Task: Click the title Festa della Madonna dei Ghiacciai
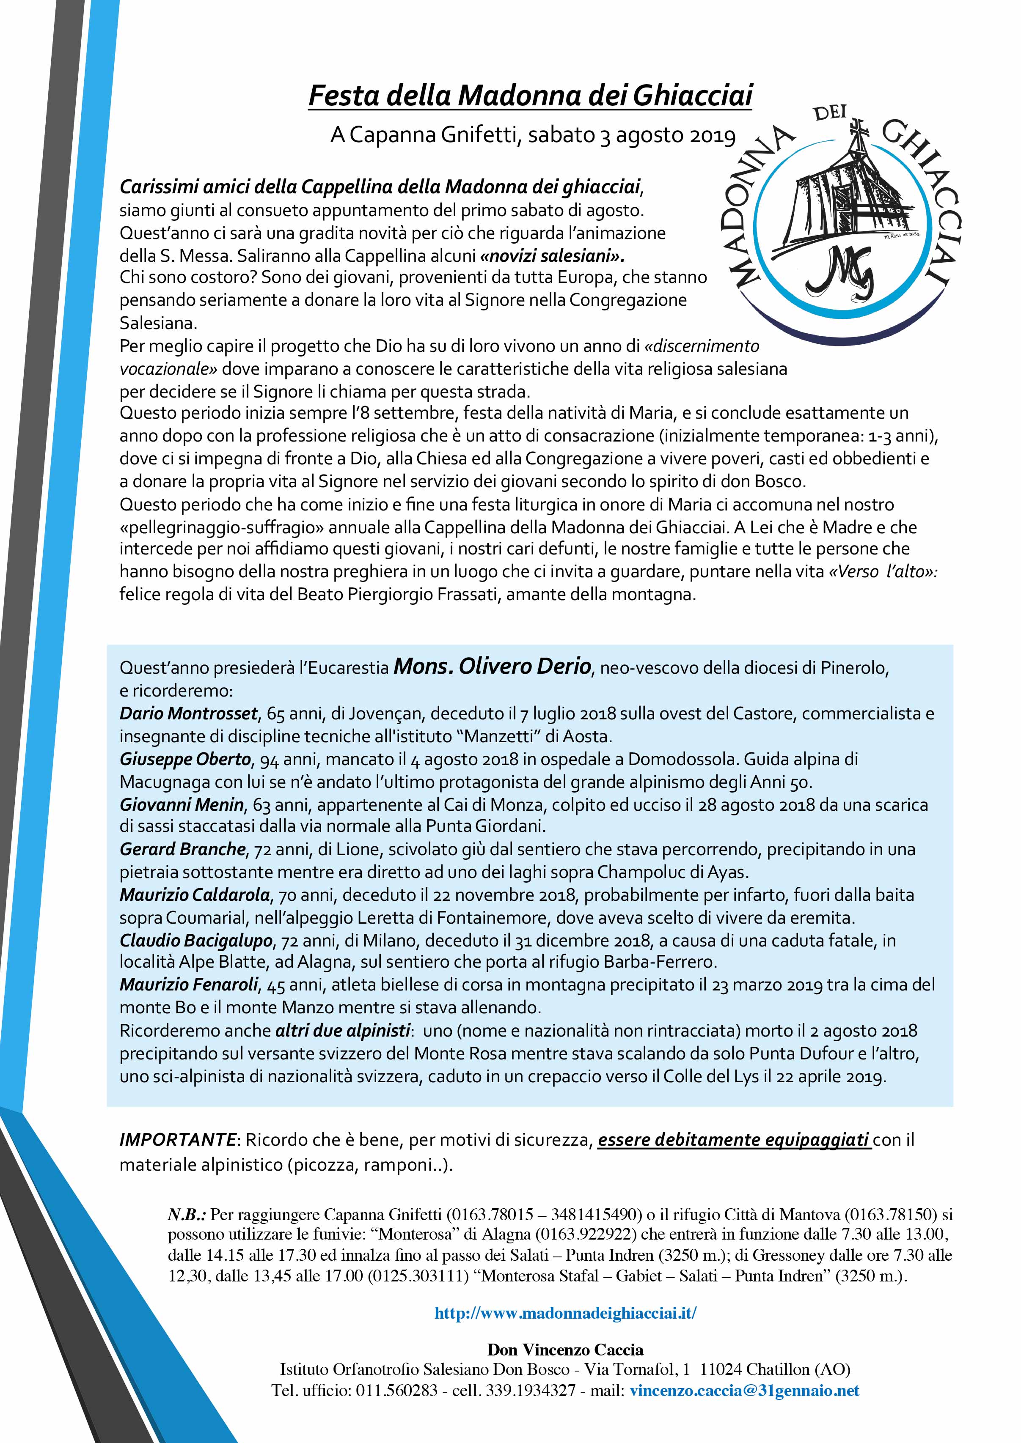(x=530, y=96)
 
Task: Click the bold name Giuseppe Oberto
(x=185, y=759)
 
